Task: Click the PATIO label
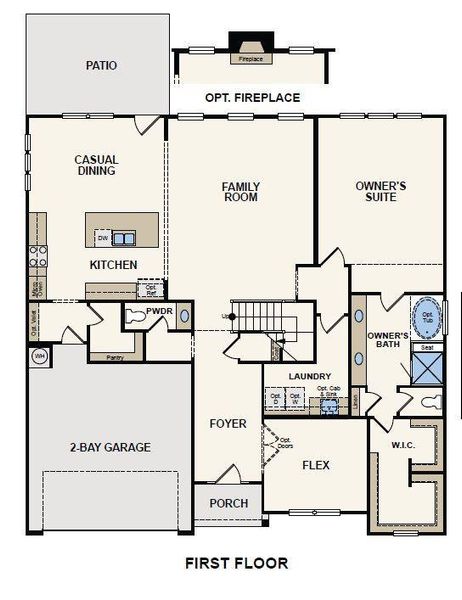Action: tap(102, 66)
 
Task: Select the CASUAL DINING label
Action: tap(96, 165)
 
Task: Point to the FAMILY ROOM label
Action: tap(240, 191)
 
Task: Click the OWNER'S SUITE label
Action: tap(381, 191)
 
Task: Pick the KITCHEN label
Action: tap(113, 265)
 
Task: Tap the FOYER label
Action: tap(228, 424)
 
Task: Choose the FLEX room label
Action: tap(316, 466)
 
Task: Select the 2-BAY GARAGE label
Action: tap(110, 447)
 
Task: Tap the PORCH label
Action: tap(228, 503)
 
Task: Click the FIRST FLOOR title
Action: tap(238, 563)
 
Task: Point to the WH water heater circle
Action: tap(40, 356)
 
